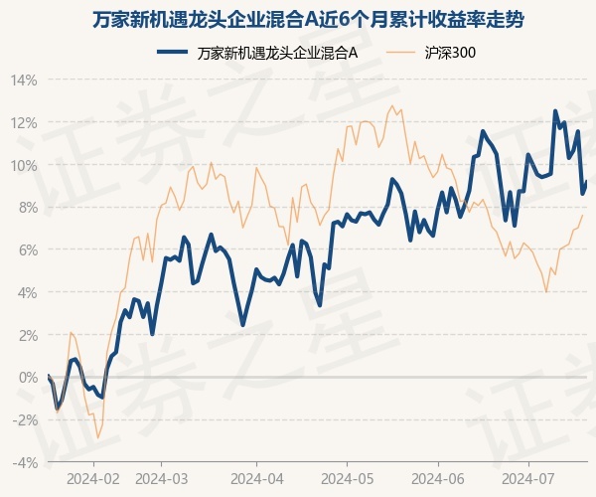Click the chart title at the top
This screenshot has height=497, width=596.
(298, 19)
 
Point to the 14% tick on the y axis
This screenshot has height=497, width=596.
(25, 80)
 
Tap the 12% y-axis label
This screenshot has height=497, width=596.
(25, 122)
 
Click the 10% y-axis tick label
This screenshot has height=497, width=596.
(25, 165)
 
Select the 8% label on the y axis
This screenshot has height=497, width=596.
(28, 208)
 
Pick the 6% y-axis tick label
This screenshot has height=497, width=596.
(28, 250)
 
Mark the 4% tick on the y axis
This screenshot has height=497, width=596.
(28, 293)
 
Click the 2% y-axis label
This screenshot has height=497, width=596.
(28, 335)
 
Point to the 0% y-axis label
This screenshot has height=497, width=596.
(28, 378)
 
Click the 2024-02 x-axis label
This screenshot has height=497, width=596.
(93, 477)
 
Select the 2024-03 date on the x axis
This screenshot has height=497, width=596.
(163, 477)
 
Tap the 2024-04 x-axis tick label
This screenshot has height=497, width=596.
(255, 477)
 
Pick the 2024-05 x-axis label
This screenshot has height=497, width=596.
(347, 477)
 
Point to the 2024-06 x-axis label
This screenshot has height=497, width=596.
(438, 477)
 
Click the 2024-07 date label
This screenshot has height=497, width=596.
(527, 477)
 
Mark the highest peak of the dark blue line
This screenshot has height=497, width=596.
(555, 110)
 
